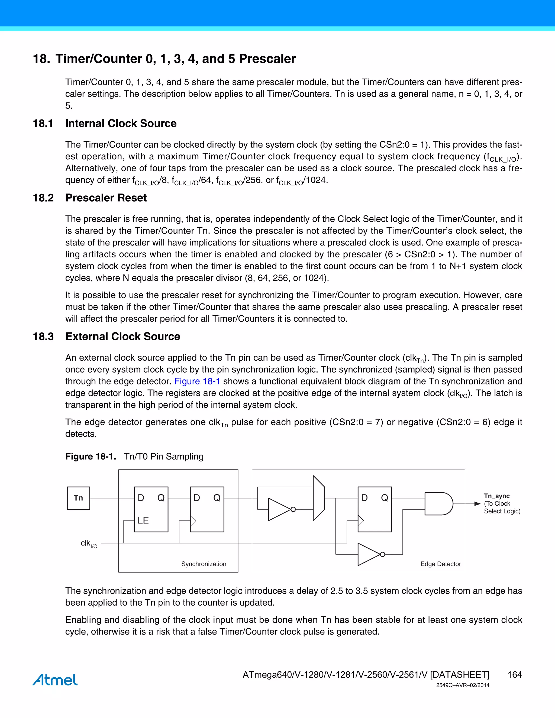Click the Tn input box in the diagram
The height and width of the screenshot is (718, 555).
click(x=78, y=498)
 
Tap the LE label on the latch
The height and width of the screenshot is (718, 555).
click(x=143, y=520)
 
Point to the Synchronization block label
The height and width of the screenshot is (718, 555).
click(x=204, y=564)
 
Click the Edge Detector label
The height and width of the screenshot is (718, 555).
click(x=441, y=564)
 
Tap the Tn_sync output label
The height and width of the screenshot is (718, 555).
click(x=496, y=496)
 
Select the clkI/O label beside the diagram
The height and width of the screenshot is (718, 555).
click(x=89, y=544)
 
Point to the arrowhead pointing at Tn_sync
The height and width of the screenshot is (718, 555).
click(x=477, y=504)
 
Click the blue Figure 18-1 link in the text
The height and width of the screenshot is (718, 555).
click(x=197, y=381)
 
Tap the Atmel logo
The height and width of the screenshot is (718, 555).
click(x=55, y=680)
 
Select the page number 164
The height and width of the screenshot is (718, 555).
click(x=515, y=675)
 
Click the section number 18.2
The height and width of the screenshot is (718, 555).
click(x=43, y=198)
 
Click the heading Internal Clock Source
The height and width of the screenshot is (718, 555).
click(x=121, y=123)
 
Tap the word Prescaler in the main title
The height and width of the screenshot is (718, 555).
click(x=267, y=59)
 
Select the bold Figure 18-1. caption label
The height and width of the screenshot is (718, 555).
click(x=91, y=456)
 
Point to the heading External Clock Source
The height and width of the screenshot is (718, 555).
click(x=123, y=337)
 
